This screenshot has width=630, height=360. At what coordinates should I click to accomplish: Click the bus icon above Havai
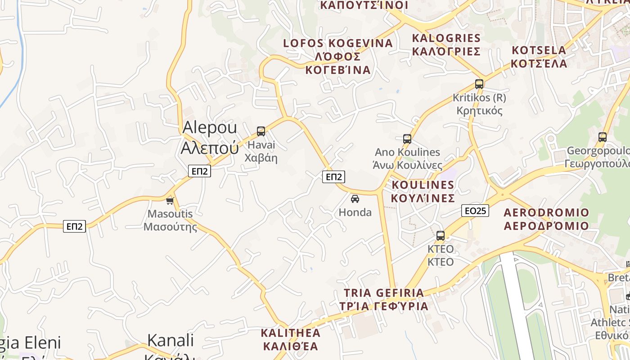(x=261, y=131)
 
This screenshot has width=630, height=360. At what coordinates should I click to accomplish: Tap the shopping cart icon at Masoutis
(x=170, y=201)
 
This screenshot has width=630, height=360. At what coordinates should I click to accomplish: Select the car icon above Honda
(x=355, y=198)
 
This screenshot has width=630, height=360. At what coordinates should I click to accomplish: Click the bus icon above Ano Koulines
(x=407, y=139)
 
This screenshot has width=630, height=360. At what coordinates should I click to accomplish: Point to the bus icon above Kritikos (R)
(x=479, y=84)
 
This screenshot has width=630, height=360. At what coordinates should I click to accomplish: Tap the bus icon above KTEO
(x=441, y=236)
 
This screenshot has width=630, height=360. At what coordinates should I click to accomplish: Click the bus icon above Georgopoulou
(x=603, y=137)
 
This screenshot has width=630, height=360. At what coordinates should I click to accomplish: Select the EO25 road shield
(x=475, y=211)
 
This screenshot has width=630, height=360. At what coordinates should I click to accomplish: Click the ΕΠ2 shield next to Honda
(x=333, y=177)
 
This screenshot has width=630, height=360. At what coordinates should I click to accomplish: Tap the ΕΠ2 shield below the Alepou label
(x=200, y=171)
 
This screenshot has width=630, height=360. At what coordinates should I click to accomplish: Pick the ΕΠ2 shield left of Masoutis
(x=74, y=226)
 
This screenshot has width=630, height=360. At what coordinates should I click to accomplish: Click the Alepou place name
(x=210, y=137)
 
